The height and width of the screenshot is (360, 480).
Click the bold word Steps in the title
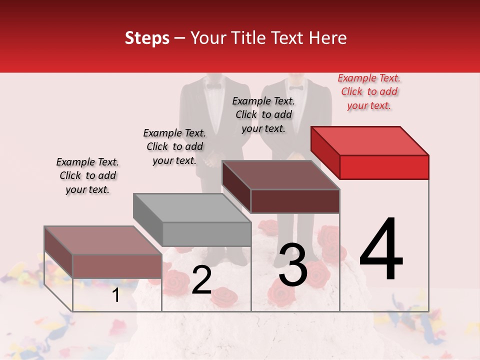click(147, 38)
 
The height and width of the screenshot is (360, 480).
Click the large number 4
click(381, 249)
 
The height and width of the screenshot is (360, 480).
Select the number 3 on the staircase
click(293, 265)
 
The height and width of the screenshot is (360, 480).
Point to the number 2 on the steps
click(201, 280)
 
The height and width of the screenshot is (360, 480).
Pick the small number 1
click(115, 295)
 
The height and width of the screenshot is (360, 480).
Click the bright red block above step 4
click(384, 166)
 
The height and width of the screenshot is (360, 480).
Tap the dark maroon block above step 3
click(295, 201)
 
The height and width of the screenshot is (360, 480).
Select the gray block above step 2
click(206, 233)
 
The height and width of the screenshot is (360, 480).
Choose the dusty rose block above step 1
click(117, 265)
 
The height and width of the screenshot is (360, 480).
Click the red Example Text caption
click(369, 91)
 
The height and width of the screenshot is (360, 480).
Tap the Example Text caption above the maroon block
click(263, 114)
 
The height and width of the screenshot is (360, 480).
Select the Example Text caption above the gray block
click(174, 146)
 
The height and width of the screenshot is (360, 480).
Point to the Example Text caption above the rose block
click(87, 175)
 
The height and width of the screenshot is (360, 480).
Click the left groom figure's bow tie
click(214, 86)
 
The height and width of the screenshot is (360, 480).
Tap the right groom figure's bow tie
click(296, 87)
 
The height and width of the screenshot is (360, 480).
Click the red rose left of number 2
click(176, 280)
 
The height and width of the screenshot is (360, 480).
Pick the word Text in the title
click(288, 38)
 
